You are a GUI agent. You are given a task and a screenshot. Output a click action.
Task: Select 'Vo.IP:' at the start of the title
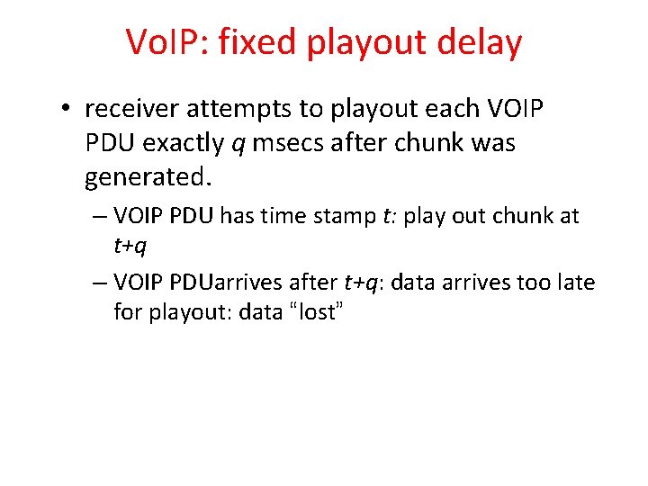168,42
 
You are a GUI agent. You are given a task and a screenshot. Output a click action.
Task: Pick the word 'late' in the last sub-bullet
577,283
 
